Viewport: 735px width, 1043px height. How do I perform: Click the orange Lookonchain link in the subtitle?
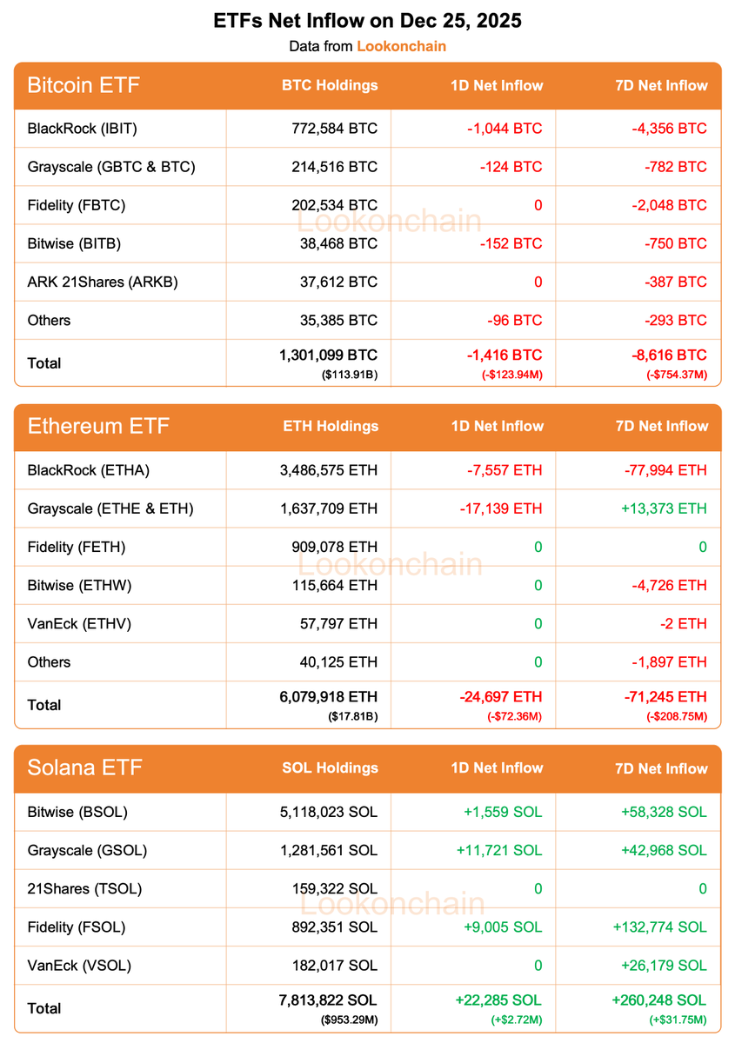pos(401,46)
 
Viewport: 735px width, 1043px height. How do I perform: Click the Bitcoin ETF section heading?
pos(84,85)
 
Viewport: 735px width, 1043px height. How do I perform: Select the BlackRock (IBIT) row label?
pos(83,129)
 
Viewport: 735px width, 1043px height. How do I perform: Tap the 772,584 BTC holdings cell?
pos(335,129)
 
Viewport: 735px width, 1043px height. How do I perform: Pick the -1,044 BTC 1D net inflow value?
pos(504,129)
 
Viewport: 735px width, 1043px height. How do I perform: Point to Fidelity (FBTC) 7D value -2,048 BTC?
pos(669,205)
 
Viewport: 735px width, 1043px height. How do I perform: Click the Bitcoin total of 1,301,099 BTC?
pos(329,355)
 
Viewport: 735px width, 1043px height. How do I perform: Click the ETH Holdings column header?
pos(331,426)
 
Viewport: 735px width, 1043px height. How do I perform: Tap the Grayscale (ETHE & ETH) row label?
pos(110,508)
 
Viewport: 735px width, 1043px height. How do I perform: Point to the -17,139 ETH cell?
pos(500,508)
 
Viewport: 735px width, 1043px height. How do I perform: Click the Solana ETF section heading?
pos(84,767)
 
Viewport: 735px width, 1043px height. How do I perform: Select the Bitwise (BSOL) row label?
pos(77,812)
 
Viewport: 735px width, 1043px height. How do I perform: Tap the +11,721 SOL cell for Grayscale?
pos(498,850)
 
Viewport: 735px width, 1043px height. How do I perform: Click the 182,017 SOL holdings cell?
pos(335,965)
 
